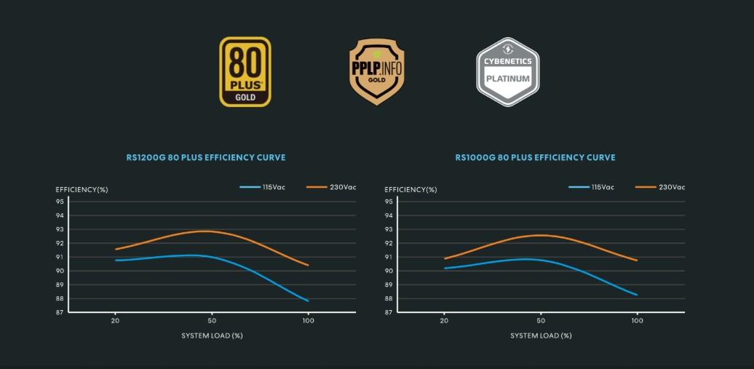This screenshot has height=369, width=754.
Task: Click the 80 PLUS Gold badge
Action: pos(245,72)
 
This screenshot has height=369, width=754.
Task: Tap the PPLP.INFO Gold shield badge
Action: pos(376,72)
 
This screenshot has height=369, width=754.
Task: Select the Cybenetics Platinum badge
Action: pos(507,72)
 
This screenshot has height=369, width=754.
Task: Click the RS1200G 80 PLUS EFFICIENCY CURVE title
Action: pos(205,157)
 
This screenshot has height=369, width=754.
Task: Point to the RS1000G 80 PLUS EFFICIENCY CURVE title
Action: pos(535,157)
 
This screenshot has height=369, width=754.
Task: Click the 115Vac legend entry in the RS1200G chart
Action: pos(262,187)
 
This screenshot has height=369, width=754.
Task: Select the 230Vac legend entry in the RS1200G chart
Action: pos(331,187)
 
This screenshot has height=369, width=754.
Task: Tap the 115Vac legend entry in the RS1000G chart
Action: pos(591,187)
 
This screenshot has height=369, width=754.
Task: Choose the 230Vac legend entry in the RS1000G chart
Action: pos(660,187)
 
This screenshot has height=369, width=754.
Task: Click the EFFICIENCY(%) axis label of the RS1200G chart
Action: pos(82,190)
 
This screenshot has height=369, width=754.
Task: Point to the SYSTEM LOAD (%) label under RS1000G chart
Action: pos(541,336)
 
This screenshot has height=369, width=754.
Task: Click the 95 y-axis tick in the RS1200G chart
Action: pos(60,202)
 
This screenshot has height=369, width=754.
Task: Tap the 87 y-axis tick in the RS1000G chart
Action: pos(389,312)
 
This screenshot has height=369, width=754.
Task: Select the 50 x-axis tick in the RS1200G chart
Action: pos(212,320)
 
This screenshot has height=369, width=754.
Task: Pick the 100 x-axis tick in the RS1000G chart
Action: pos(637,320)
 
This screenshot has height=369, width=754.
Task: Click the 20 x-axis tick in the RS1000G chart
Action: pos(444,320)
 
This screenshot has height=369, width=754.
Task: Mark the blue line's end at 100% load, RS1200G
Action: pos(308,301)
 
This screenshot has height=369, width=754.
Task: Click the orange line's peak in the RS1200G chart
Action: pos(207,231)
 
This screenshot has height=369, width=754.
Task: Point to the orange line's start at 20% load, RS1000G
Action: pos(445,258)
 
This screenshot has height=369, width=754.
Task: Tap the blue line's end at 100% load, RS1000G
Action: pos(637,295)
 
